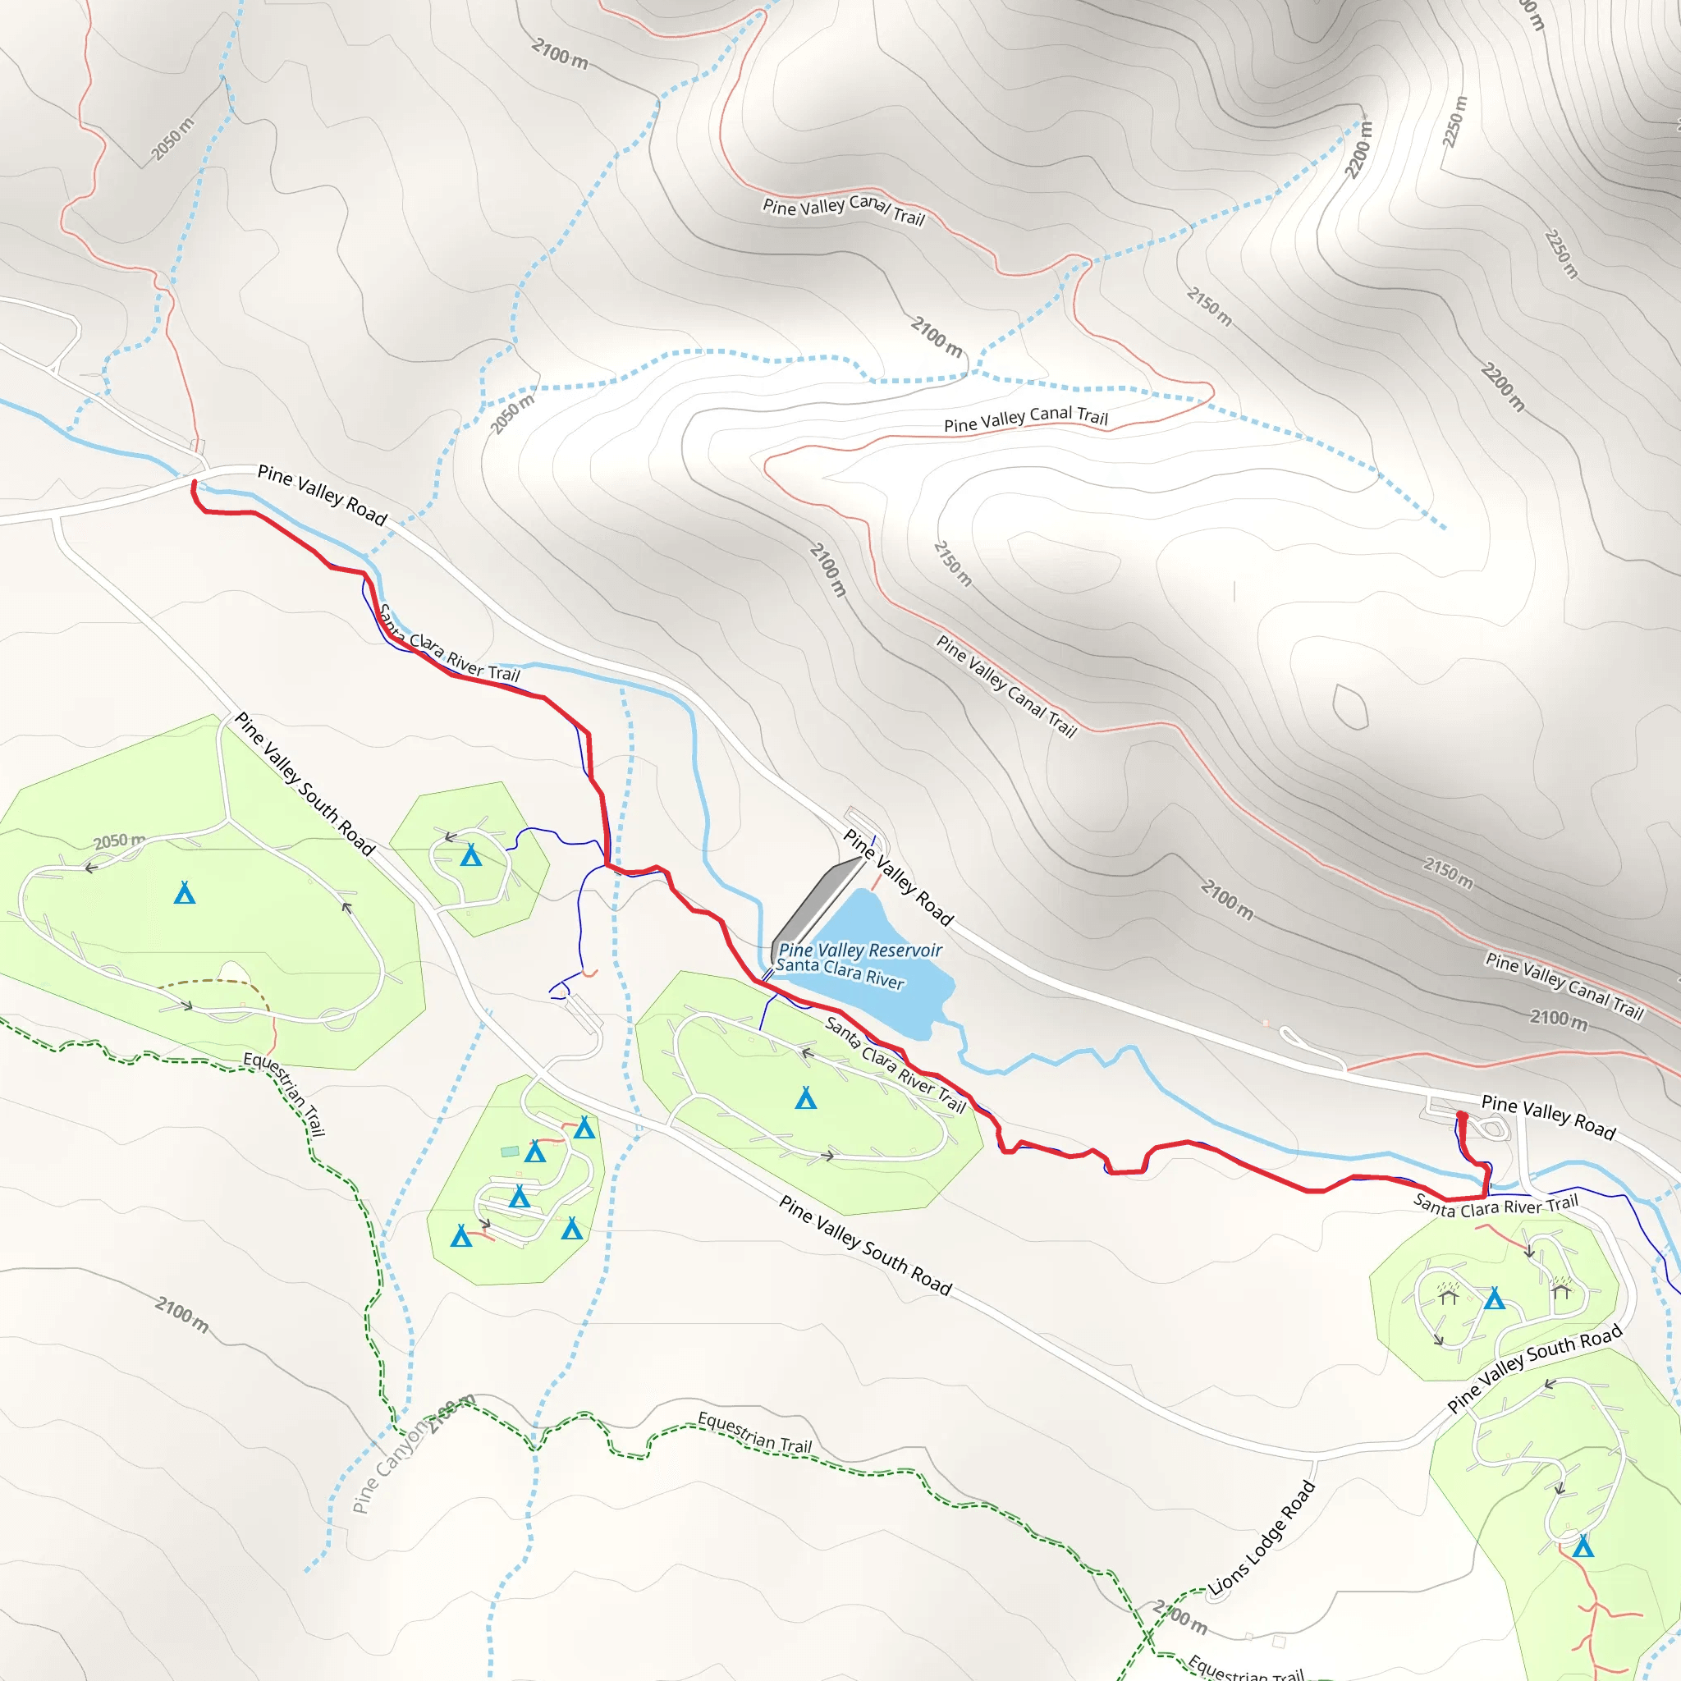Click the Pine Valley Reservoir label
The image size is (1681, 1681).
tap(859, 950)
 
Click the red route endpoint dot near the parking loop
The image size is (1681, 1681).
tap(1462, 1116)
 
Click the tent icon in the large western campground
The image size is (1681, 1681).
tap(185, 893)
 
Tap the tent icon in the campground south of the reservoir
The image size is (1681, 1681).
tap(806, 1098)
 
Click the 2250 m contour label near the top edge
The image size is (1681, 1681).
tap(1454, 121)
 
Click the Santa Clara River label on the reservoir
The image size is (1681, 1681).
tap(840, 973)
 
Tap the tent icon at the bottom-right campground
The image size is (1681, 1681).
tap(1583, 1546)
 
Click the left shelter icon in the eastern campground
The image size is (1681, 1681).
tap(1448, 1296)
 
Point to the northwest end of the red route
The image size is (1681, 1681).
tap(193, 483)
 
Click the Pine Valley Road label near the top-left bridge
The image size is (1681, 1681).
tap(322, 495)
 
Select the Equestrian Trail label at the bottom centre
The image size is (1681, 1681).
tap(754, 1432)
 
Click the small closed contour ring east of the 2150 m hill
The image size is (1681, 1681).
tap(1350, 707)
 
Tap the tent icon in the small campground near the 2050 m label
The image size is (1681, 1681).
tap(470, 855)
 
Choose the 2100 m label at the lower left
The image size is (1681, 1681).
tap(182, 1314)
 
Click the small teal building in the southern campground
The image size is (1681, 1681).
tap(510, 1151)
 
